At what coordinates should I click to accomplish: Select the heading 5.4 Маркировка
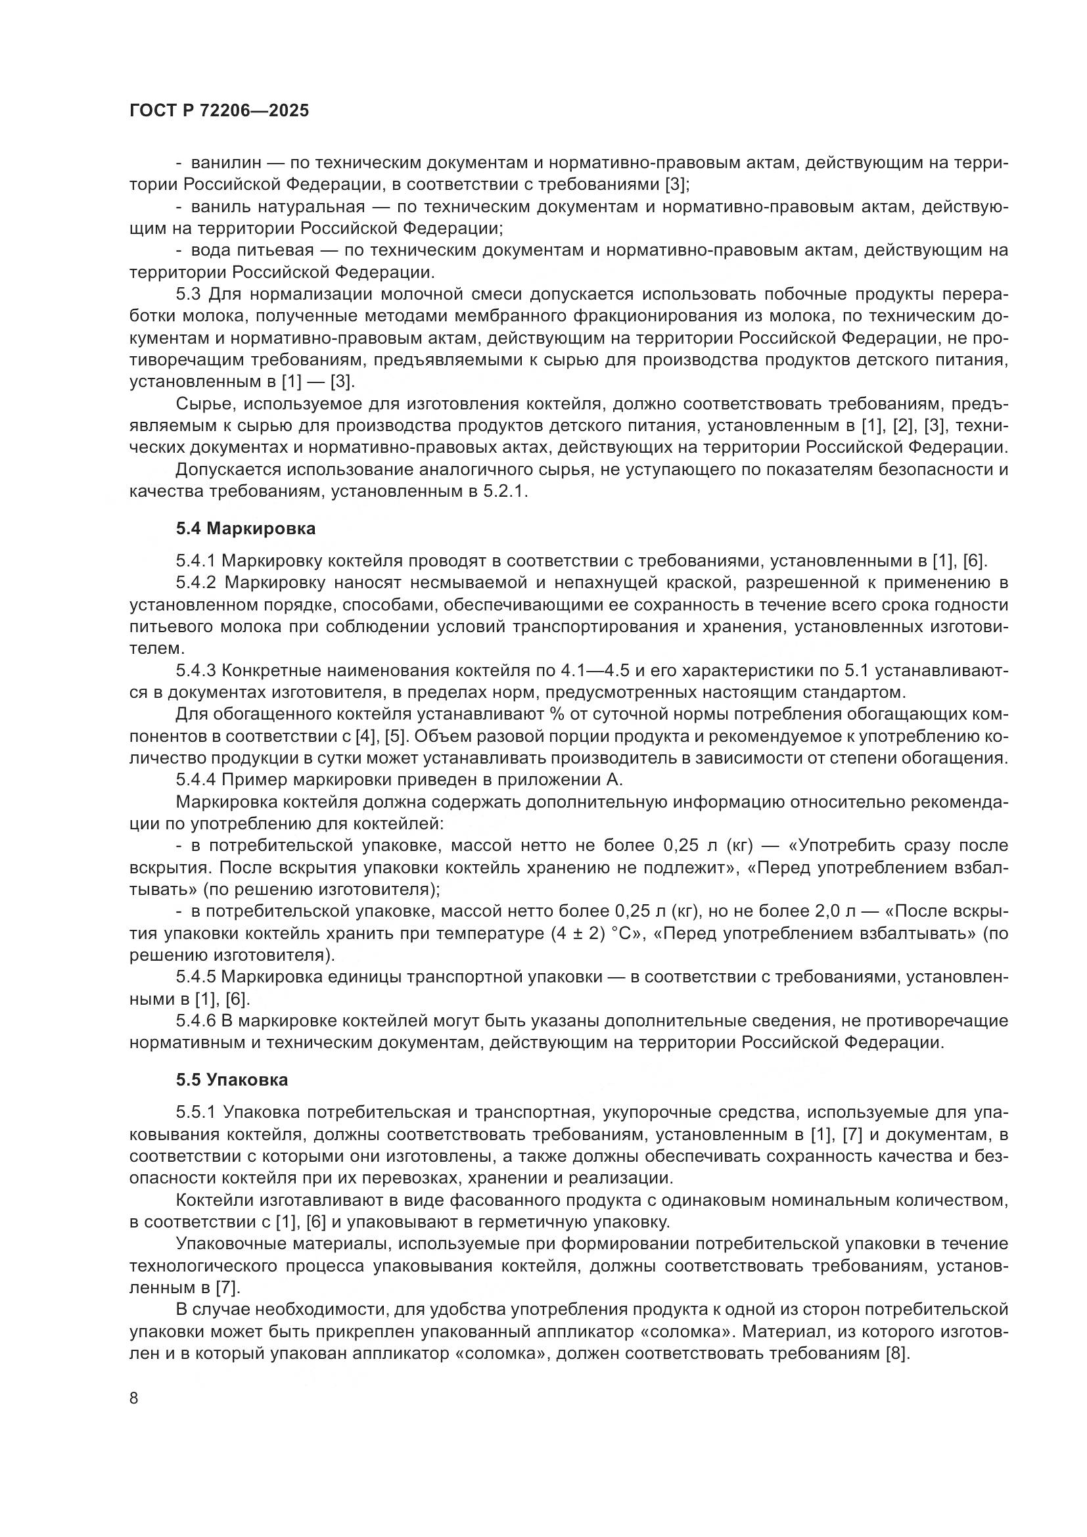click(246, 529)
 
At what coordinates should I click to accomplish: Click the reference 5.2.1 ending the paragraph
click(507, 492)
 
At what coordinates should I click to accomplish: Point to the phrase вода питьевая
click(252, 251)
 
